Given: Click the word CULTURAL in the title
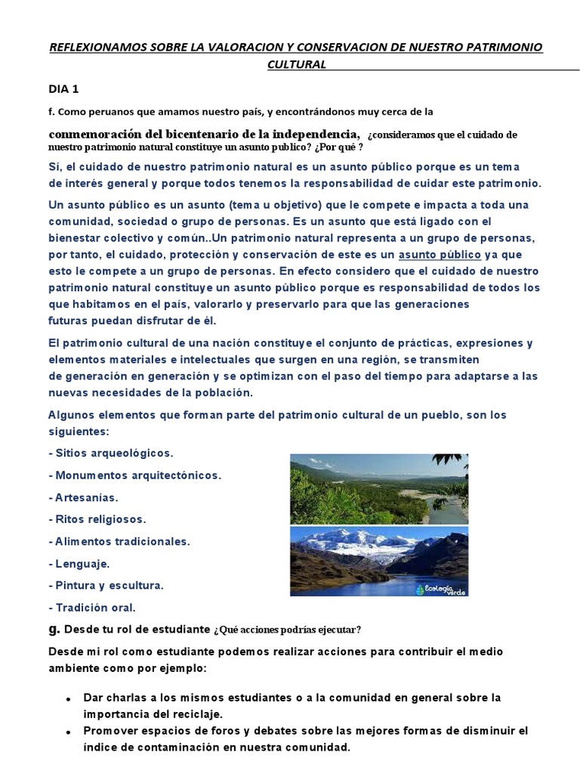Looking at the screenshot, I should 297,64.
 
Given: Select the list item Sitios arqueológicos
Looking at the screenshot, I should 111,454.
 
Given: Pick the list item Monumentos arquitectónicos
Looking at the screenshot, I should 134,475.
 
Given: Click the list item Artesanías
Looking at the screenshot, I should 83,498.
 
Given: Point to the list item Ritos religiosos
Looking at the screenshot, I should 97,520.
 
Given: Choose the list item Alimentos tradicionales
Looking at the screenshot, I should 119,541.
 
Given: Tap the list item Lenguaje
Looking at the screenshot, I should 79,563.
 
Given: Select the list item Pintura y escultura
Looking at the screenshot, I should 106,585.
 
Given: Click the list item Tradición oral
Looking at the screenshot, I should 92,607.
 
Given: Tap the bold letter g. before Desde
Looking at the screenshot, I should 54,629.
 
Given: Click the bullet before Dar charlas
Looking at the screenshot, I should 69,698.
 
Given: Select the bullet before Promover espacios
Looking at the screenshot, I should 69,732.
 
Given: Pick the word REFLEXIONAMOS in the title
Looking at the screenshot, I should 96,48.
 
